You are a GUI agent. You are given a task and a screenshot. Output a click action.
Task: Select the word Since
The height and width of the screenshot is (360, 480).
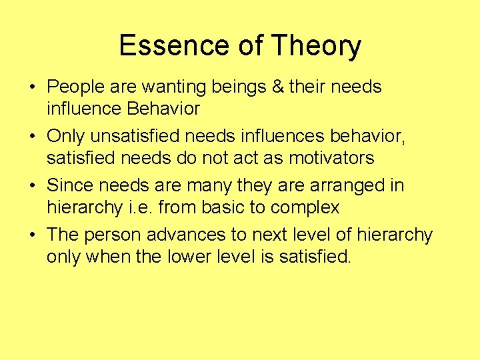click(x=70, y=185)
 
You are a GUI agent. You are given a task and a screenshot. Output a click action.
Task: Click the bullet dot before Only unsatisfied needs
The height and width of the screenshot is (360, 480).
click(x=33, y=137)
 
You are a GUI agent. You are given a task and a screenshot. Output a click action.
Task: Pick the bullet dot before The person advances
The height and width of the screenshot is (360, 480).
click(x=33, y=235)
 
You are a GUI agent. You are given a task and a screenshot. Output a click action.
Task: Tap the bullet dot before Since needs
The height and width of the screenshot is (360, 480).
click(x=33, y=186)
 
